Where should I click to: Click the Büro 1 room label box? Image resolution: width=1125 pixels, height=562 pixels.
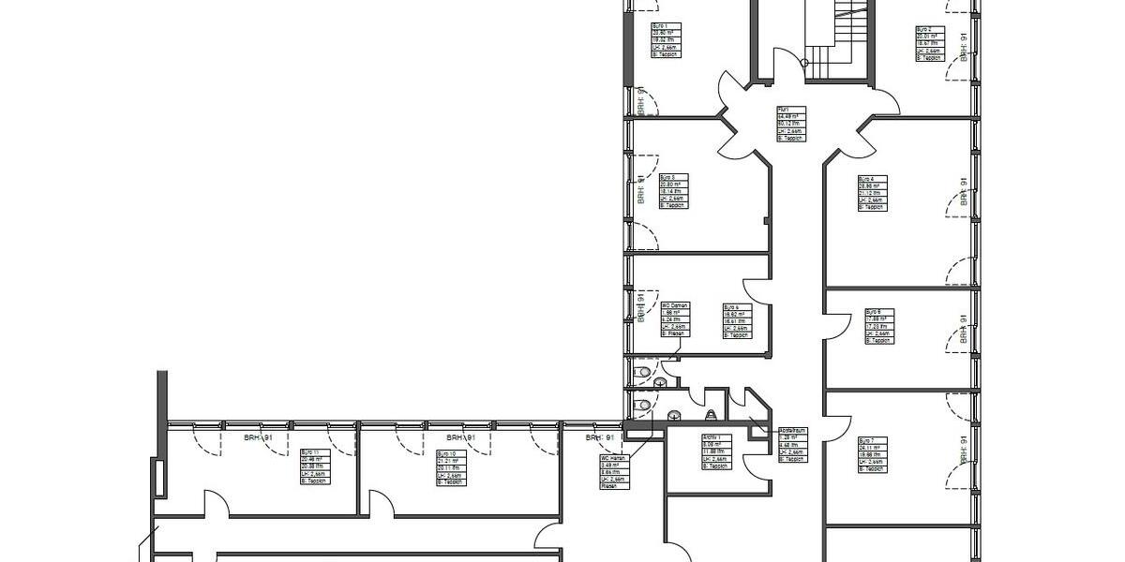point(667,40)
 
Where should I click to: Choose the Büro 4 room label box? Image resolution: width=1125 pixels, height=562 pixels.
point(872,193)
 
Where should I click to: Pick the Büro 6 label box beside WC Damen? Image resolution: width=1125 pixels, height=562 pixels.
point(737,320)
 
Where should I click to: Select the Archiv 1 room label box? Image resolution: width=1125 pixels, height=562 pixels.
point(716,452)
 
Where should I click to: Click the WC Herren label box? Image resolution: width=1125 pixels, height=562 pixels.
point(615,473)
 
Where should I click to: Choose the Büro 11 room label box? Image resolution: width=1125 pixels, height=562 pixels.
point(315,466)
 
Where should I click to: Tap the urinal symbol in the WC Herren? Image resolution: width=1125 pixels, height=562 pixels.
point(712,414)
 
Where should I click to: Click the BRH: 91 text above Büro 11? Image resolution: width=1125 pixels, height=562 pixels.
point(258,437)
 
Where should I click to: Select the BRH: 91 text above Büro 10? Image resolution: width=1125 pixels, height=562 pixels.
point(460,437)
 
